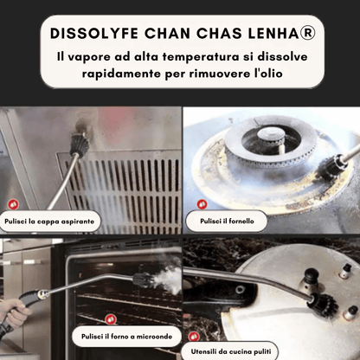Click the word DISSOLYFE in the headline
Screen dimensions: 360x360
(94, 33)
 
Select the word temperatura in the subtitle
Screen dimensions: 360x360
(201, 56)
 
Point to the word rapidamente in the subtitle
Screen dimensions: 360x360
(121, 74)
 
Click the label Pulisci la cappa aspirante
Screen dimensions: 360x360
(49, 222)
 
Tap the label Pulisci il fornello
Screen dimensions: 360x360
(227, 222)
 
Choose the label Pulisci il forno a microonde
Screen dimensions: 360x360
(126, 337)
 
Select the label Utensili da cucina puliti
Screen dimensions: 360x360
(231, 351)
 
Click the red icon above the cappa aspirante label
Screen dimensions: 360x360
(13, 204)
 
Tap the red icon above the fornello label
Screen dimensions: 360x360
(202, 204)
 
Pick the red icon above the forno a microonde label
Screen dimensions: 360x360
(111, 319)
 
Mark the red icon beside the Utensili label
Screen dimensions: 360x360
(194, 337)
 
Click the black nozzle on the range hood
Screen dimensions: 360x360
(80, 145)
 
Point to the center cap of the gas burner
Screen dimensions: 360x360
(271, 134)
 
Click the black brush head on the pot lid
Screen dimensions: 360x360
(325, 305)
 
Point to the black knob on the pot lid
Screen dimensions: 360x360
(312, 275)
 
